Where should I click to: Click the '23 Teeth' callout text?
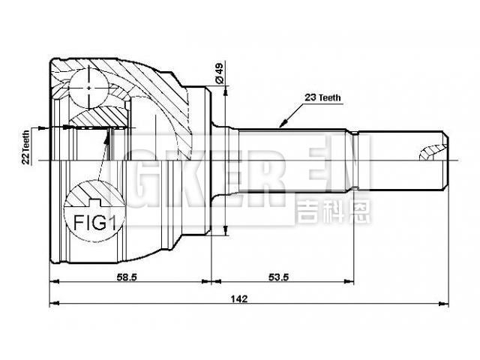point(323,97)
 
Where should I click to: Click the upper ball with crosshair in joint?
point(89,88)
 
